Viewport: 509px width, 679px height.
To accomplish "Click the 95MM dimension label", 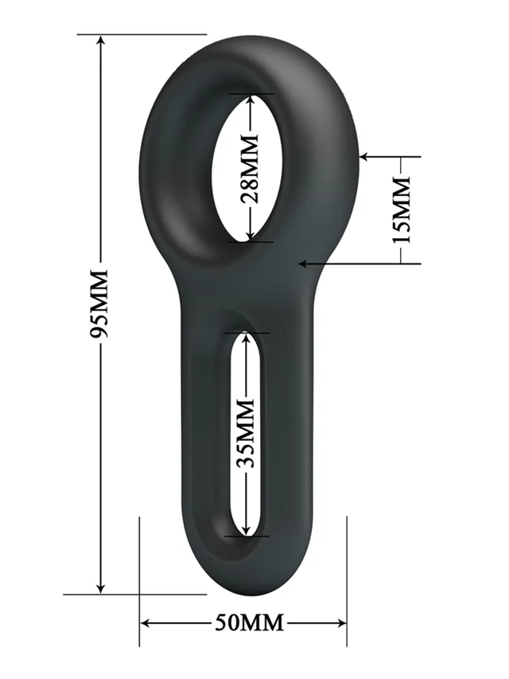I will click(x=100, y=304).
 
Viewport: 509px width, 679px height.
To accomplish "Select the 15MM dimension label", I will click(x=402, y=210).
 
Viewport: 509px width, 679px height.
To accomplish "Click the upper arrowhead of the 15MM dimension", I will click(x=365, y=157).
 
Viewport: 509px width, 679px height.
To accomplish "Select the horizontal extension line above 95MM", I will click(x=143, y=35).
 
